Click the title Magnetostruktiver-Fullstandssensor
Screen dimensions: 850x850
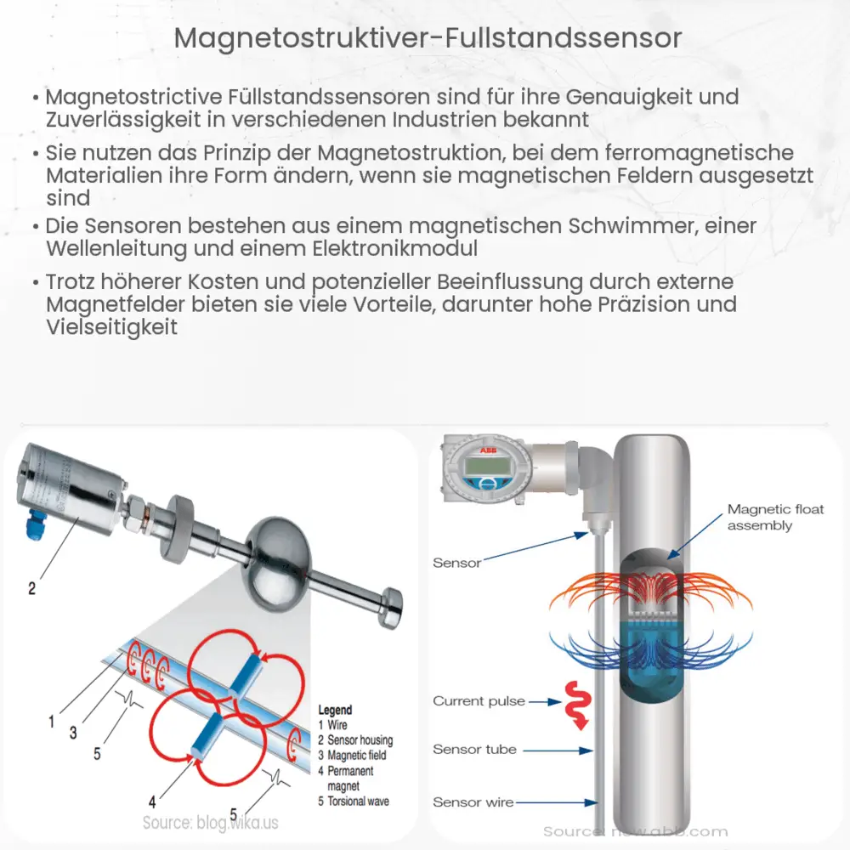tap(424, 38)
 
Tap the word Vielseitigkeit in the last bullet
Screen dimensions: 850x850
tap(112, 327)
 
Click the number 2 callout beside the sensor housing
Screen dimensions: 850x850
tap(32, 587)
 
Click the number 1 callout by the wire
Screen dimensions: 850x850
tap(52, 722)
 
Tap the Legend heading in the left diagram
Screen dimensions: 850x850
tap(335, 710)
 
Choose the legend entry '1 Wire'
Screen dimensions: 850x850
tap(332, 725)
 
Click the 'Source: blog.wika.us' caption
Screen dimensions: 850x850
tap(210, 823)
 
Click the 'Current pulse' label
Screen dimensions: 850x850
tap(479, 701)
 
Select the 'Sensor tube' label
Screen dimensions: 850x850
tap(474, 750)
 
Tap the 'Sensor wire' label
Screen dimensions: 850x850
tap(473, 802)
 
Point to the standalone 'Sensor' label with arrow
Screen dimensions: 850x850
tap(457, 563)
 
